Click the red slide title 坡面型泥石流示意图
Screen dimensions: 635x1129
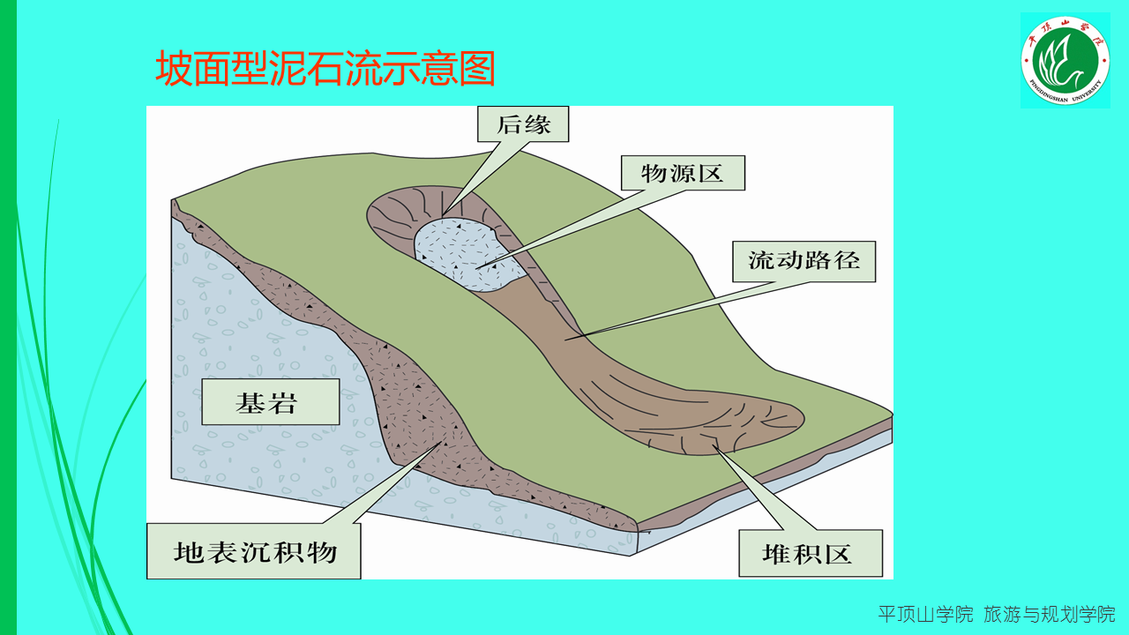(325, 69)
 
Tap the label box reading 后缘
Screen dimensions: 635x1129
(523, 124)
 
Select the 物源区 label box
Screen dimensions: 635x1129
(682, 173)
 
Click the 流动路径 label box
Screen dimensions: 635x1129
(804, 261)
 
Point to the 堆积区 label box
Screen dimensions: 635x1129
(810, 553)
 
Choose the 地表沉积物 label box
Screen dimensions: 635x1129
(254, 552)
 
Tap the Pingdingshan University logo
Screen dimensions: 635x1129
(1065, 60)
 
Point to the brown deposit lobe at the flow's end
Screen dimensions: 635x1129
(723, 423)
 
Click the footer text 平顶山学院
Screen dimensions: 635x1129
(925, 614)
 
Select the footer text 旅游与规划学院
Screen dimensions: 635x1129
(1050, 614)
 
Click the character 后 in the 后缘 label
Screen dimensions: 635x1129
(509, 124)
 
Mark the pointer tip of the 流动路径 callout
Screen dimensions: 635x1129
(567, 338)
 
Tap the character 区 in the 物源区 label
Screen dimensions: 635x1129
(709, 173)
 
